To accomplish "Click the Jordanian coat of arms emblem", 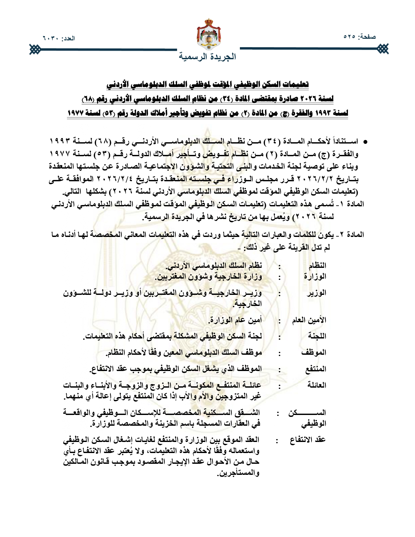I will click(x=209, y=34).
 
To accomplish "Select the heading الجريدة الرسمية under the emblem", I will click(x=208, y=56).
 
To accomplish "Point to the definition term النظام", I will click(x=317, y=266).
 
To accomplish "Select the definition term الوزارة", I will click(x=315, y=277).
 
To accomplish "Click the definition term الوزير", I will click(x=316, y=293).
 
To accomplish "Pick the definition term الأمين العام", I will click(x=309, y=320).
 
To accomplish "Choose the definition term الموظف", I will click(x=314, y=352).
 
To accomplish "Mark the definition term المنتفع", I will click(x=316, y=369).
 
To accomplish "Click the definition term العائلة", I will click(x=317, y=385).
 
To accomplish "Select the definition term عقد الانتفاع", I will click(x=308, y=440).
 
